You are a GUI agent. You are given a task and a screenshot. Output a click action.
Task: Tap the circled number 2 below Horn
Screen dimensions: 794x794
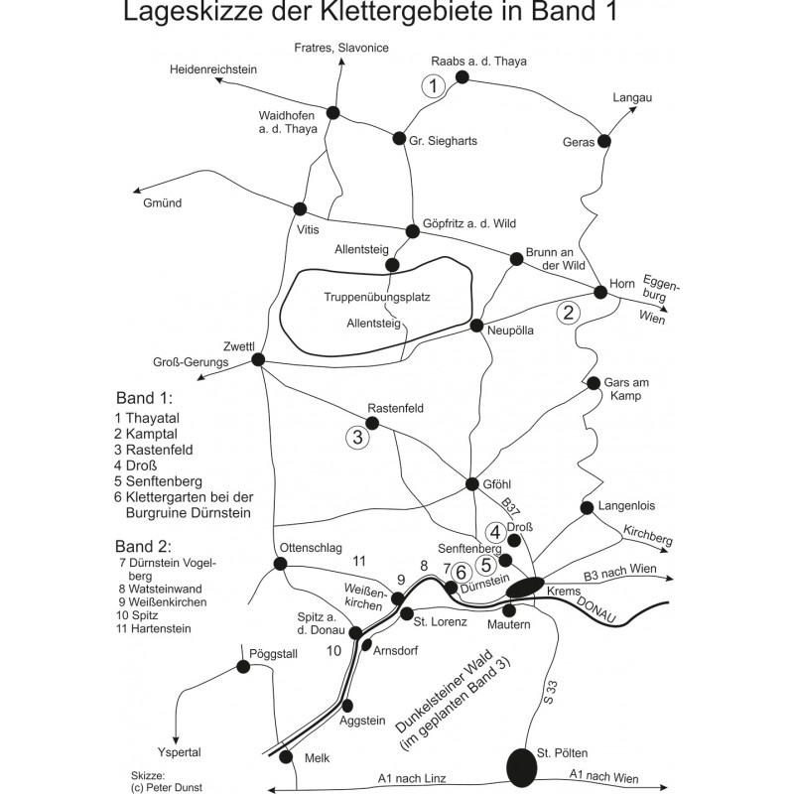point(568,313)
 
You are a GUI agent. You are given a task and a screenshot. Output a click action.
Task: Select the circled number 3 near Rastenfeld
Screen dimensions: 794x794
point(357,434)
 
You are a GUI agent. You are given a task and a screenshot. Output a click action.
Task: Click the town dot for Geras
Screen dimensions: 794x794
point(603,141)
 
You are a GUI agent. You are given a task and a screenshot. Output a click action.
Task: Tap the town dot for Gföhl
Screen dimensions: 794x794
point(473,484)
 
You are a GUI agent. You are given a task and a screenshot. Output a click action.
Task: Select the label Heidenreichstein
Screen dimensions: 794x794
point(213,69)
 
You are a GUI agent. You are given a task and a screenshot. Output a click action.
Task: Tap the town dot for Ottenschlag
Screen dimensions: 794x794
point(280,564)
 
